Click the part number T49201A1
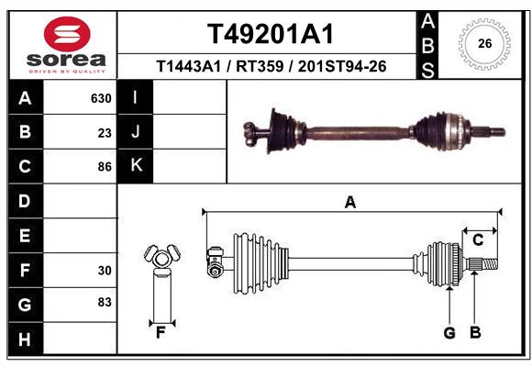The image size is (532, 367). click(x=270, y=34)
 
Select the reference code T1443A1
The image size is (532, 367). click(x=190, y=67)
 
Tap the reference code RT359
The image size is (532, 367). click(x=260, y=67)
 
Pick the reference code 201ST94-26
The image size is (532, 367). click(x=338, y=67)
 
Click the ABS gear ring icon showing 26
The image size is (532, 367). click(x=485, y=42)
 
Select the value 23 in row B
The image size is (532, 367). click(x=104, y=132)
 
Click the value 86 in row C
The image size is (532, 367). click(x=104, y=166)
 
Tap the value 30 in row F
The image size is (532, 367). click(x=104, y=271)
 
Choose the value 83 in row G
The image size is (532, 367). click(x=104, y=302)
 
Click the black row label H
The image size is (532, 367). click(x=25, y=339)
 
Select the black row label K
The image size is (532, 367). click(x=136, y=165)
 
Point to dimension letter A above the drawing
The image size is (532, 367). click(x=349, y=204)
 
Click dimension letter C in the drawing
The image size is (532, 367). click(x=478, y=240)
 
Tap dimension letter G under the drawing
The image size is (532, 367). click(x=449, y=333)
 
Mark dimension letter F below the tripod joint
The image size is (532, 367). click(x=161, y=333)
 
